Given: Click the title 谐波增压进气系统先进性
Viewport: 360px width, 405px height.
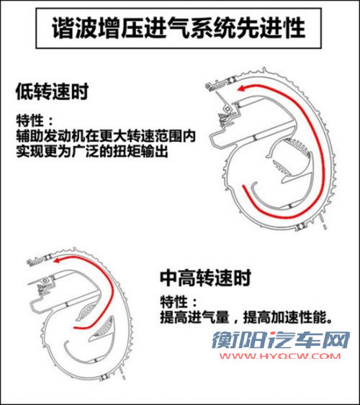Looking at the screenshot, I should pos(180,28).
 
